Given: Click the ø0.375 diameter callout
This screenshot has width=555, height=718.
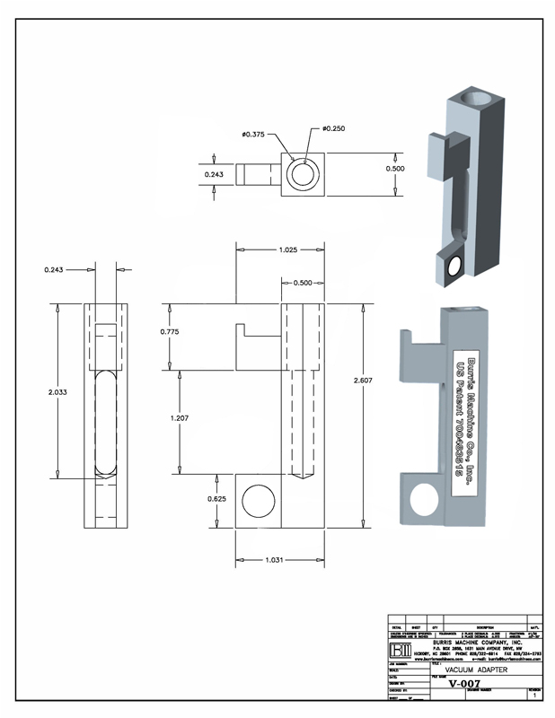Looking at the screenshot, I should (x=252, y=135).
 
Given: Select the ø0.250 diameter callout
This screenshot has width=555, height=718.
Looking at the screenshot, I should (x=330, y=128).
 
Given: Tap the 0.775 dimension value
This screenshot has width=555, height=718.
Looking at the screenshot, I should (x=169, y=332).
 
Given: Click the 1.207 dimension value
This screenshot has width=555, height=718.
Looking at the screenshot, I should (x=181, y=418).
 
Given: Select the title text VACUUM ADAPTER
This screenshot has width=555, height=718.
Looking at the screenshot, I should (x=476, y=669).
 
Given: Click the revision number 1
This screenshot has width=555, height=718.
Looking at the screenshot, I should (x=534, y=696).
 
